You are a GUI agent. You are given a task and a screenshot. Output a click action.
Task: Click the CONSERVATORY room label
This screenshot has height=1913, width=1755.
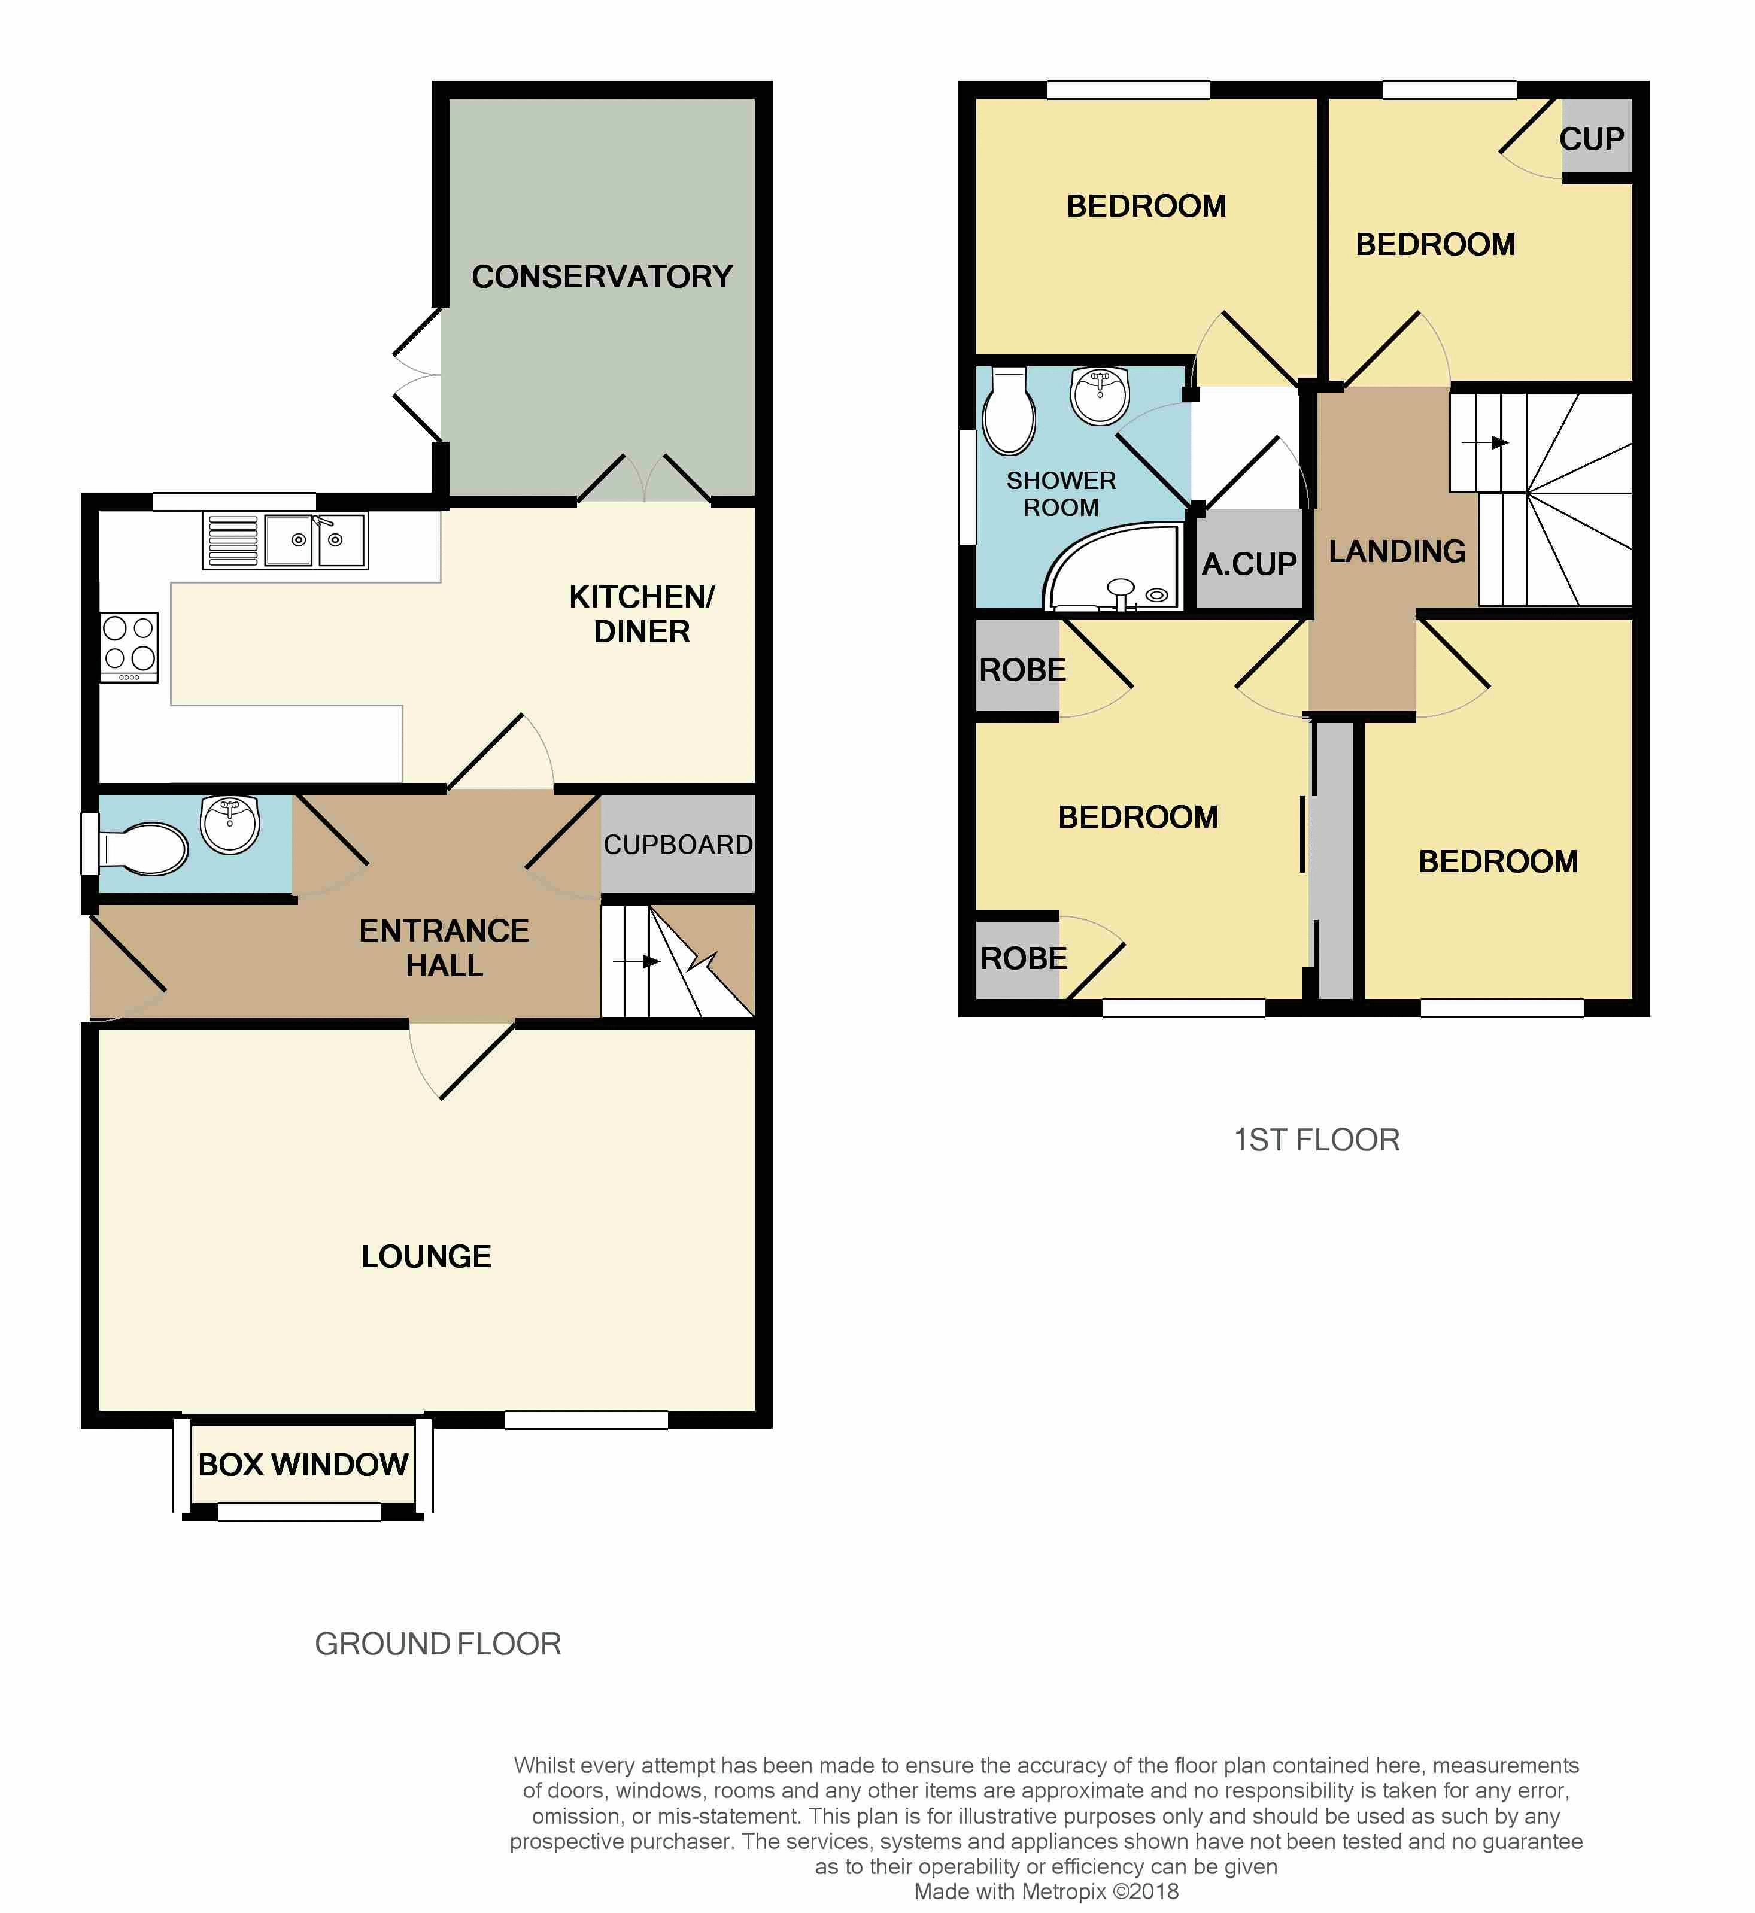point(602,277)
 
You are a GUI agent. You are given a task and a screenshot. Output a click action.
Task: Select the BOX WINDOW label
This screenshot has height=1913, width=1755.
point(303,1463)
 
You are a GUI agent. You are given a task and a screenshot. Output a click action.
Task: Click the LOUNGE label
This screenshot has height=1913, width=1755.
point(426,1256)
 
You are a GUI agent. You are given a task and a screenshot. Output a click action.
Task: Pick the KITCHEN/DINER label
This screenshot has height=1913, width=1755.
point(642,614)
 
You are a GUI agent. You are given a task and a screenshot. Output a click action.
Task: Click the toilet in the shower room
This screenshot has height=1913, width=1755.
point(1009,411)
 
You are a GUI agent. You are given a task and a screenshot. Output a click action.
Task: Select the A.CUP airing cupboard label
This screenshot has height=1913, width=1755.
point(1249,564)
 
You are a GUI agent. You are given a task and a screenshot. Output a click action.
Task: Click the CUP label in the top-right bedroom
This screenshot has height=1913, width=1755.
point(1592,139)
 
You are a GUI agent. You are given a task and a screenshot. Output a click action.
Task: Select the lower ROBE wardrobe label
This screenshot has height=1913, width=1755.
point(1024,958)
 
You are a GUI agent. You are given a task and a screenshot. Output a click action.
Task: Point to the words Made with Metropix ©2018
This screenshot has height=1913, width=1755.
point(1046,1891)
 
